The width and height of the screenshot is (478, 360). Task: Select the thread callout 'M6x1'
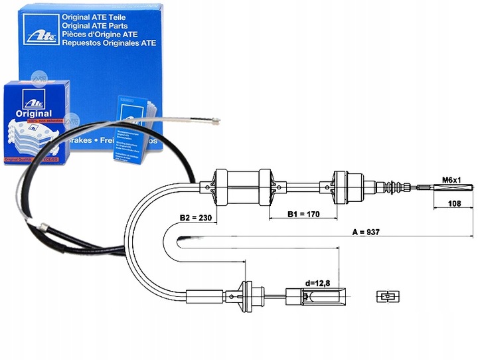tap(452, 180)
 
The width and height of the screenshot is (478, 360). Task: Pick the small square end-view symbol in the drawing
tap(385, 296)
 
